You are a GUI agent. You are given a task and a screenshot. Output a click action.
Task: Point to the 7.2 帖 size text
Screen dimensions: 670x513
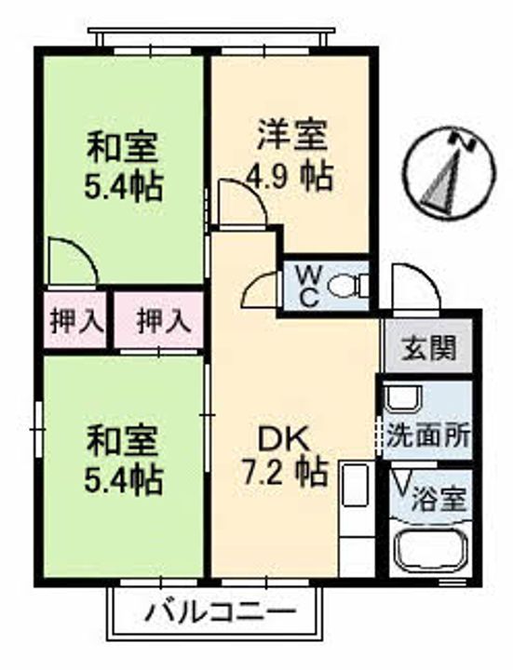[285, 473]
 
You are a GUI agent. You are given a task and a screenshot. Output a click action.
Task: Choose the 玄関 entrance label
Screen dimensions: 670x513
[429, 349]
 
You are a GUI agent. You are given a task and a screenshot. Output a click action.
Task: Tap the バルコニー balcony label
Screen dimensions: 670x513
[221, 612]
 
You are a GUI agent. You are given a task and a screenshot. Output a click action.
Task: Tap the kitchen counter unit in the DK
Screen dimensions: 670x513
[356, 517]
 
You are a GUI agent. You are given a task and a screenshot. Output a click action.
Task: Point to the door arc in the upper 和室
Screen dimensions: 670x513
[73, 262]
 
